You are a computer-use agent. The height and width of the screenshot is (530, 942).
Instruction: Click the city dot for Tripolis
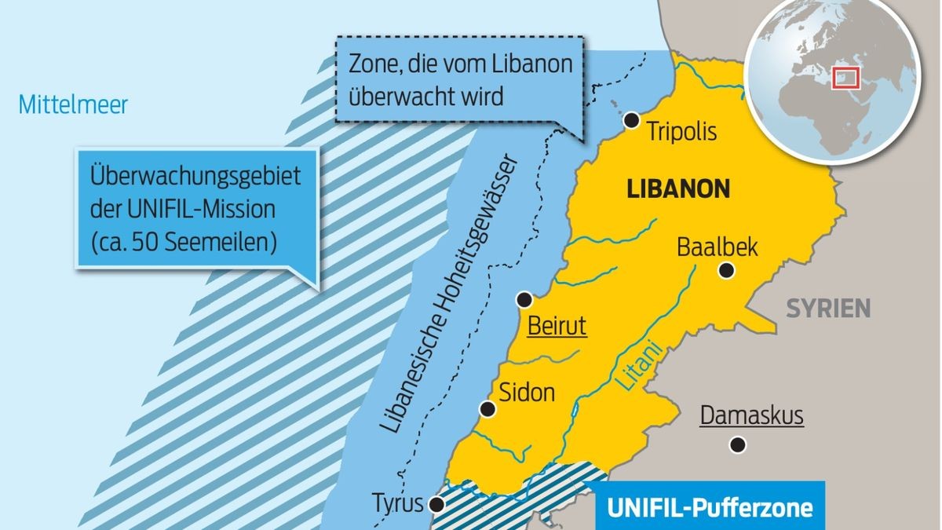click(x=631, y=120)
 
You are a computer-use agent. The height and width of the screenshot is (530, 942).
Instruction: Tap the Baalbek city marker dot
click(x=727, y=271)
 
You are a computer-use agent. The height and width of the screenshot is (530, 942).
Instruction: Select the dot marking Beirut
click(x=524, y=299)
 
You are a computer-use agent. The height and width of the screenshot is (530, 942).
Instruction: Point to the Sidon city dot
click(x=488, y=408)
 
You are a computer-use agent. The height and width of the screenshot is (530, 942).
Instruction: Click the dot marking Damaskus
click(x=737, y=445)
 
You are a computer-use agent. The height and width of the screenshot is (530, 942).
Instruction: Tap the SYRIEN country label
click(x=828, y=308)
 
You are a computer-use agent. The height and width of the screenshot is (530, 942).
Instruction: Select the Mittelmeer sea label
click(x=73, y=104)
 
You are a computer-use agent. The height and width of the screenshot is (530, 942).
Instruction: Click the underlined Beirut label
click(x=557, y=326)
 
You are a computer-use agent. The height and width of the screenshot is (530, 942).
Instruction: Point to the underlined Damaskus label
click(x=751, y=415)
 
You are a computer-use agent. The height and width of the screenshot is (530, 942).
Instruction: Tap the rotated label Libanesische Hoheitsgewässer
click(x=450, y=298)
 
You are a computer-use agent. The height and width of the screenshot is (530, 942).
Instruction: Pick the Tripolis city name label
click(x=681, y=131)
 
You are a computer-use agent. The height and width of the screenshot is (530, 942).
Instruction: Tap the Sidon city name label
click(x=528, y=392)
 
